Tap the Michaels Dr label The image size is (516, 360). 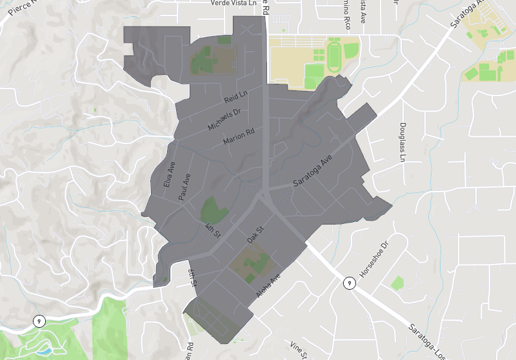point(224,119)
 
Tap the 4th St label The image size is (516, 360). point(212,230)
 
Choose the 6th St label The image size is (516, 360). point(192,279)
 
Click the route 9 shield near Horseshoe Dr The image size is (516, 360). point(349,283)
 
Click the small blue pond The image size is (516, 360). point(45,352)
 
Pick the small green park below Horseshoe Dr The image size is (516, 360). point(397,282)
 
